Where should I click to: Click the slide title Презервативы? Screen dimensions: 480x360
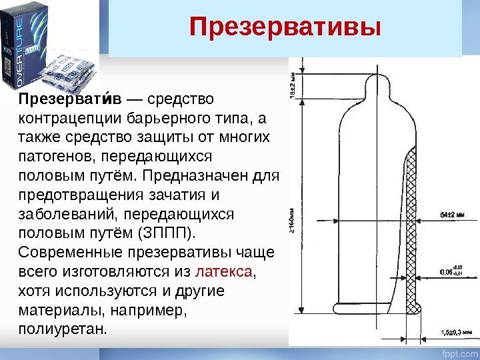coord(285,28)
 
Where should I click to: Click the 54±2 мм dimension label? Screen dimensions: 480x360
coord(451,215)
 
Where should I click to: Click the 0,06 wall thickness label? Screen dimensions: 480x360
coord(445,272)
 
